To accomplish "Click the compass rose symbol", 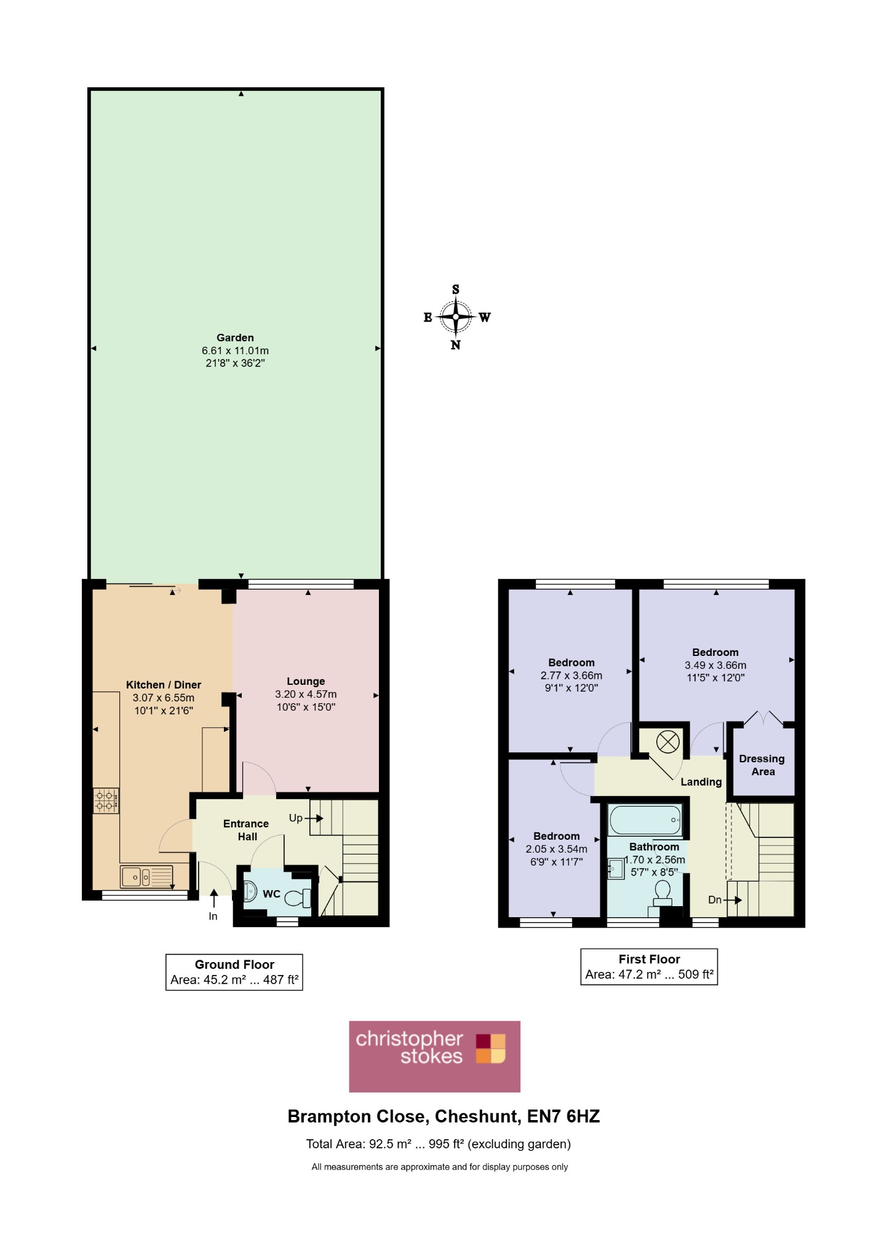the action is click(456, 317).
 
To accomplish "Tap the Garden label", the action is click(235, 337).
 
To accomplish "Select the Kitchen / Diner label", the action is click(164, 685).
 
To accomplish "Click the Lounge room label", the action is click(306, 681).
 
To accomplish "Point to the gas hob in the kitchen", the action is click(106, 801).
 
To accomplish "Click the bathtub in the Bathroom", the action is click(645, 820).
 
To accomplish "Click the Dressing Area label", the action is click(762, 765).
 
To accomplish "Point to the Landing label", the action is click(701, 782).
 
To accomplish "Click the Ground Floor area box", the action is click(234, 972).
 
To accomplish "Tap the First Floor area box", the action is click(649, 967).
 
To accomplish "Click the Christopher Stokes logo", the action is click(434, 1057).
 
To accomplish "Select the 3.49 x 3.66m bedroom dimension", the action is click(715, 665).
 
